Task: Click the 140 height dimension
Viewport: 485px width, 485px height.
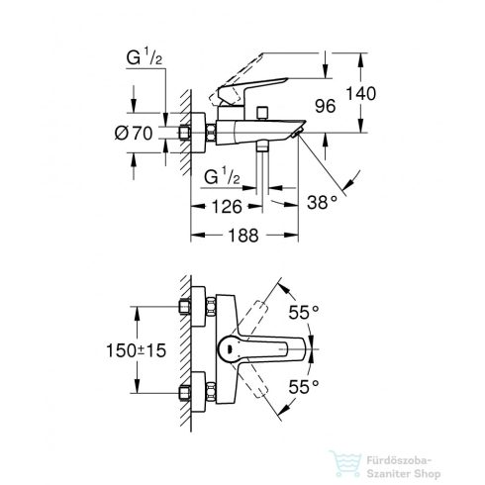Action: pyautogui.click(x=360, y=93)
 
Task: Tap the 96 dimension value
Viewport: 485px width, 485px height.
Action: pyautogui.click(x=325, y=106)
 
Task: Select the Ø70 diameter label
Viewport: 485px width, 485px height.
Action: pyautogui.click(x=134, y=134)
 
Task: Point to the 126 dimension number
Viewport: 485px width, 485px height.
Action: pyautogui.click(x=227, y=207)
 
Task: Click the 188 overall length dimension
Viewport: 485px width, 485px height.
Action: pyautogui.click(x=243, y=236)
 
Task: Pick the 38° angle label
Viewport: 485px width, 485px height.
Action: pyautogui.click(x=323, y=202)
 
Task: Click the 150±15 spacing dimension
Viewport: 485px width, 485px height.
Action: pyautogui.click(x=136, y=350)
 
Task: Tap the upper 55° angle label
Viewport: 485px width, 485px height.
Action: pyautogui.click(x=304, y=312)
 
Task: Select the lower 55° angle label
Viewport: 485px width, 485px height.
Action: pyautogui.click(x=304, y=387)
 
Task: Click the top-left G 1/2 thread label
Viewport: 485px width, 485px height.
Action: pyautogui.click(x=145, y=57)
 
